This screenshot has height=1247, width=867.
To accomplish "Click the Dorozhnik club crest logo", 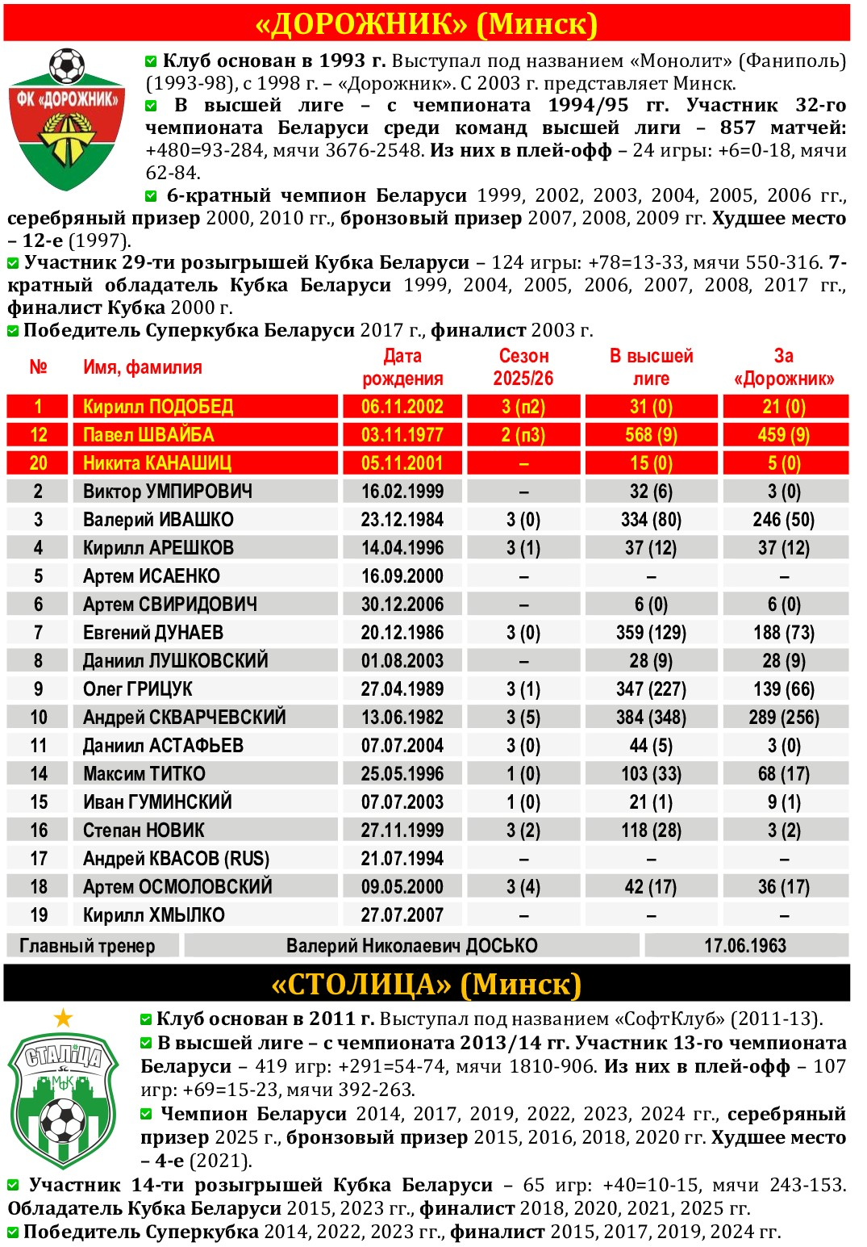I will point(67,121).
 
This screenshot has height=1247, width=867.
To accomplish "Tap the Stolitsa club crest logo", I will point(63,1098).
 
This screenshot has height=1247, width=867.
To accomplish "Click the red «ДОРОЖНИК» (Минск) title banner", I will point(427,23).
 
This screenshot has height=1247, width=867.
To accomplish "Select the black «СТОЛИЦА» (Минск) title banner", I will point(427,984).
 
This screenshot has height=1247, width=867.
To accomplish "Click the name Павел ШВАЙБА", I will point(148,435).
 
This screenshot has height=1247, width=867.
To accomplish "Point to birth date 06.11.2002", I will point(402,407).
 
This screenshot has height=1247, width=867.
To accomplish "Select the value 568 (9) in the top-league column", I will point(651,435).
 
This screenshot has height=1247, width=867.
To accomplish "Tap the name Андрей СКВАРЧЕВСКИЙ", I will point(184,718).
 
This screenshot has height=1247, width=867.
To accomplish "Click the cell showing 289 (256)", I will point(784,718).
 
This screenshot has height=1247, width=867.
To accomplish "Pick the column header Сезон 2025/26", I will point(523,367).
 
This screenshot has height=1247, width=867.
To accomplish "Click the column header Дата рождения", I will point(402,367).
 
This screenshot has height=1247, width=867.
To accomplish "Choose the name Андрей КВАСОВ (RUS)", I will point(176,859).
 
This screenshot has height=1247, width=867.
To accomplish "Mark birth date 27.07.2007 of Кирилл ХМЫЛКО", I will point(402,915).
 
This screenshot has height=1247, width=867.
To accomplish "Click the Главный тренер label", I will point(87,946).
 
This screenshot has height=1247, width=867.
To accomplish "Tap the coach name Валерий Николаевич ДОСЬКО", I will point(411,946).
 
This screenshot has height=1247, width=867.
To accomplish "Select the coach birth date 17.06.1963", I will point(745,946).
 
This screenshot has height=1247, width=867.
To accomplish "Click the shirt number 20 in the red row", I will point(38,463).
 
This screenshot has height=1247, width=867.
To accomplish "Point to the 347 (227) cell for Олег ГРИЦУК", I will point(651,689).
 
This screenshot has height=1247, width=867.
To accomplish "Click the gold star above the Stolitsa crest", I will point(63,1019).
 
